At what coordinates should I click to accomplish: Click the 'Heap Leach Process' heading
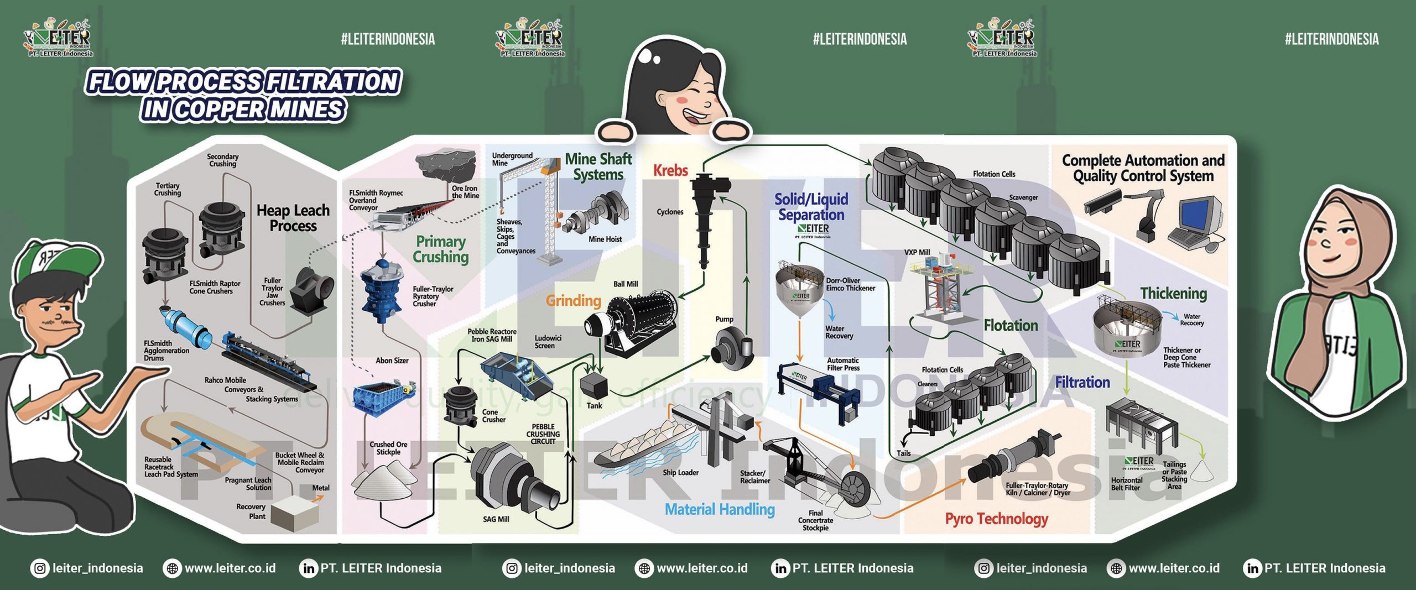(x=293, y=218)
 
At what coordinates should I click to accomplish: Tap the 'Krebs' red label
(x=670, y=170)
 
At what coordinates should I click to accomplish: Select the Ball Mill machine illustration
(x=636, y=323)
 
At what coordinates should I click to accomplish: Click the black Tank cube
(x=593, y=384)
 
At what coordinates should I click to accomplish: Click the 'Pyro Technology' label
(x=996, y=519)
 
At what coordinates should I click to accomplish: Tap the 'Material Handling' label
(x=719, y=509)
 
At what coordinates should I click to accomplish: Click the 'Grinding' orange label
(x=573, y=300)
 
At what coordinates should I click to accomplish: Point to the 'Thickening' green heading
(x=1173, y=293)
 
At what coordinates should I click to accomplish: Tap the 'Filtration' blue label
(x=1082, y=382)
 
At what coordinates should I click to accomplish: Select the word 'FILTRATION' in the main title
(x=332, y=82)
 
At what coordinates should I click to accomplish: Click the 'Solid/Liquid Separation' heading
(x=811, y=207)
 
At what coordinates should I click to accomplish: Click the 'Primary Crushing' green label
(x=441, y=249)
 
